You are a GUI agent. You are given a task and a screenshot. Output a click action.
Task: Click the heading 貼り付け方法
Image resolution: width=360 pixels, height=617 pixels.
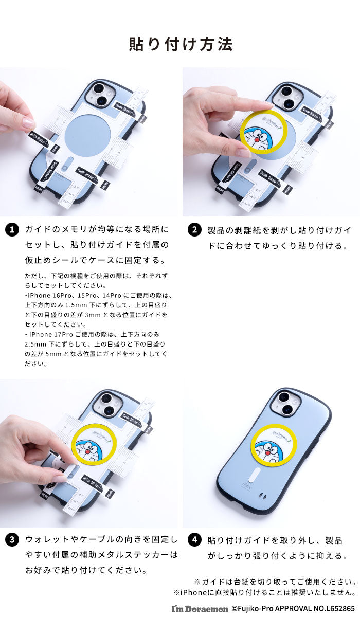click(x=180, y=44)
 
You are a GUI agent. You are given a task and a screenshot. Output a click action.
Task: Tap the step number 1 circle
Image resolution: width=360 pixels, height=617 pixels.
click(x=11, y=230)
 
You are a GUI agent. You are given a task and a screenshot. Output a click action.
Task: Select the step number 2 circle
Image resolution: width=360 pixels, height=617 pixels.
click(x=194, y=230)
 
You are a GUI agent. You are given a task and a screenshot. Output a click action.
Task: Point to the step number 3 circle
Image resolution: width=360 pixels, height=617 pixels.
click(x=11, y=540)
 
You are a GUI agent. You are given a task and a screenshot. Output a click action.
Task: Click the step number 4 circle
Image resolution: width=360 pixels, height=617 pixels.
click(x=194, y=540)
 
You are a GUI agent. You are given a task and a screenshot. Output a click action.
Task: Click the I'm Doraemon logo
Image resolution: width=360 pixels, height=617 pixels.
click(x=200, y=608)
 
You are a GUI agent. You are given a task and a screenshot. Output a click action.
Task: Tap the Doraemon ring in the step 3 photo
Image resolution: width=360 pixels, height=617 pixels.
click(x=95, y=443)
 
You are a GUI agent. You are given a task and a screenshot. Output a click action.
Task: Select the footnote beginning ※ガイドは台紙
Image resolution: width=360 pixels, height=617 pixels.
click(x=275, y=582)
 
